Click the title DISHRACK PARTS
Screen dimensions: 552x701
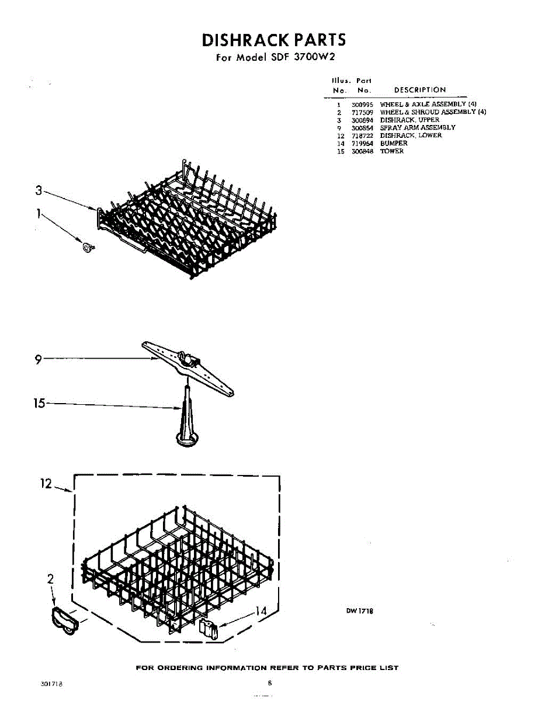click(x=273, y=40)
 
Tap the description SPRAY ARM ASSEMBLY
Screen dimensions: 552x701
click(x=418, y=127)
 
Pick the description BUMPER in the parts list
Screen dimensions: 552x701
click(x=394, y=143)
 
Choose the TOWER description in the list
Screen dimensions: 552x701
click(x=391, y=151)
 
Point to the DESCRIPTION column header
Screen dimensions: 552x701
click(x=419, y=90)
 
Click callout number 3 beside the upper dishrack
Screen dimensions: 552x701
click(x=39, y=190)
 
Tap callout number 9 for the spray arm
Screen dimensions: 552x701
click(x=38, y=360)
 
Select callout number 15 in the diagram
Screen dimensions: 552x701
click(x=39, y=403)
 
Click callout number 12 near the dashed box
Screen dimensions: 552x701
click(x=46, y=484)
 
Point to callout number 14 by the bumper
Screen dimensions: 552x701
click(x=261, y=611)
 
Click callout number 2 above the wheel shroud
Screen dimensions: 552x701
click(x=50, y=579)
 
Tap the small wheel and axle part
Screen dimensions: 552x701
click(x=88, y=248)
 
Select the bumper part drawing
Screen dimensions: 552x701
click(x=207, y=630)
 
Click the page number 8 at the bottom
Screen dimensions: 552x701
click(x=270, y=682)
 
